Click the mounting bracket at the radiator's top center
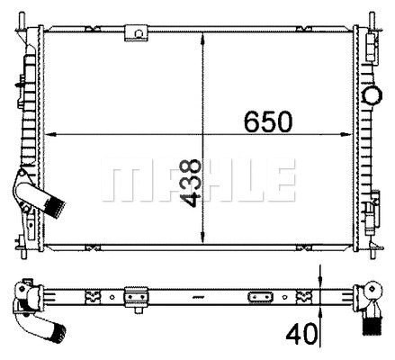(x=138, y=32)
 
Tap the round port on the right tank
(x=371, y=96)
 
